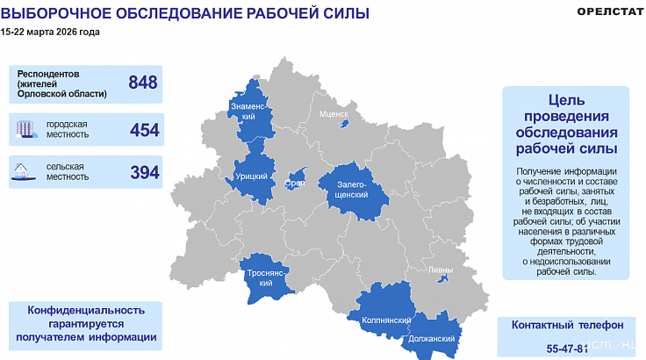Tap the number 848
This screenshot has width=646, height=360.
click(x=142, y=83)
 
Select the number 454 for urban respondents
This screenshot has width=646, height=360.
click(x=144, y=130)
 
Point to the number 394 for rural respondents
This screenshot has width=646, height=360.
click(x=144, y=172)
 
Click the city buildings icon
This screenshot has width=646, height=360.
click(x=26, y=130)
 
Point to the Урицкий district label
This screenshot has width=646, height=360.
click(x=252, y=176)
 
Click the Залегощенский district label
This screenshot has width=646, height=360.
click(x=352, y=190)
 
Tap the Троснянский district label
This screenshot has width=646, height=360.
click(x=266, y=277)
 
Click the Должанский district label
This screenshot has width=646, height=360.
click(x=431, y=339)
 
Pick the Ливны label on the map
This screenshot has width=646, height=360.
click(x=441, y=270)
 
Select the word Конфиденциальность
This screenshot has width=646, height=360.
click(x=85, y=310)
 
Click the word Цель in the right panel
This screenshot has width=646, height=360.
click(x=565, y=101)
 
